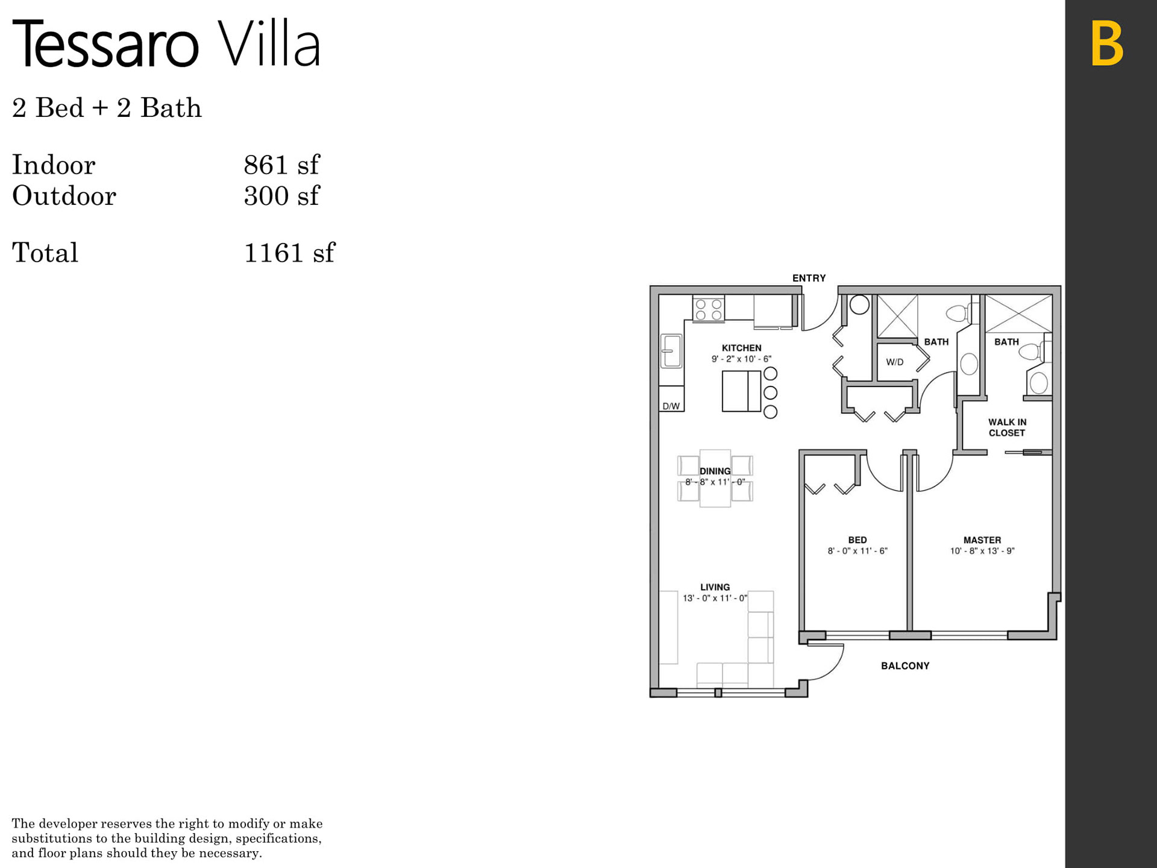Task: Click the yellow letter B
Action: [1107, 43]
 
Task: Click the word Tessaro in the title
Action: [105, 43]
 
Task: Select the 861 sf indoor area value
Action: [281, 165]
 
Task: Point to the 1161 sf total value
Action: [289, 253]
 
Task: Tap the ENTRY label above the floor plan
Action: [809, 278]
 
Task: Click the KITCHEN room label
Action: [741, 348]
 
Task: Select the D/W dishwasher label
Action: [671, 406]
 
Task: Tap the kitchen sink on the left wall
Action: [671, 351]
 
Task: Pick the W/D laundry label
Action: [894, 362]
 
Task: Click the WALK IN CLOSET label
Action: [1007, 427]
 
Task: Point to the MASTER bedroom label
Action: [982, 540]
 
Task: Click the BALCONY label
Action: [905, 665]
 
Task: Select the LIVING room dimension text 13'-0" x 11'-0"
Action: [715, 598]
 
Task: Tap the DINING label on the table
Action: [715, 471]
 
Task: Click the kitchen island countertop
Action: [741, 391]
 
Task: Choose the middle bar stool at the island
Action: [770, 393]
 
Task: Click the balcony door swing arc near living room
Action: [835, 667]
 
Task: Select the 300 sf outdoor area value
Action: [281, 196]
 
